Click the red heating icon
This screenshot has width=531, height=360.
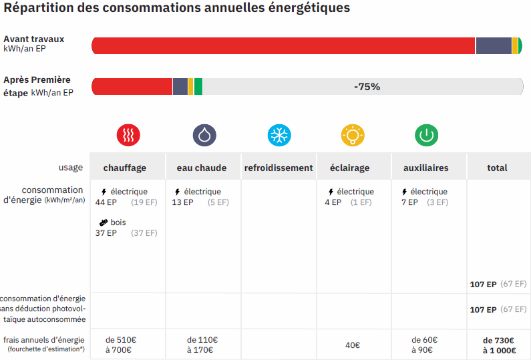[128, 135]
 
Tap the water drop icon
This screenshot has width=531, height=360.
[204, 135]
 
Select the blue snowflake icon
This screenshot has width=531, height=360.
[279, 135]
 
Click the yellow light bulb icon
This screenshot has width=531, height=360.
[353, 135]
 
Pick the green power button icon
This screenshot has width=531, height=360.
[426, 135]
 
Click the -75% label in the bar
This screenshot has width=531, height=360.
[367, 87]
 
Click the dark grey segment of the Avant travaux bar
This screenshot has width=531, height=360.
[494, 46]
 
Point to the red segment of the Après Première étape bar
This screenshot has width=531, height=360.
[132, 87]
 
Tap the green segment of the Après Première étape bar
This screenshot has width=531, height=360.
[198, 87]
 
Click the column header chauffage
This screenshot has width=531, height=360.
[125, 168]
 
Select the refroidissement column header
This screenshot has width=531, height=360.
[279, 168]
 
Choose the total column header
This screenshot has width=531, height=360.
[497, 168]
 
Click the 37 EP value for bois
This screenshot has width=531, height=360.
[106, 233]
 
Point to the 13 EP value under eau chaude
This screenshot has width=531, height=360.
[182, 202]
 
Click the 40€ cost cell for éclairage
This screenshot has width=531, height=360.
[353, 345]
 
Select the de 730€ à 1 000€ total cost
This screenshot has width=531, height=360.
[498, 345]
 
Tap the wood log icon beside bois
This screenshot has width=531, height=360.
[104, 222]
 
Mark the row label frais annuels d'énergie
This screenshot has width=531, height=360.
[44, 339]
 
